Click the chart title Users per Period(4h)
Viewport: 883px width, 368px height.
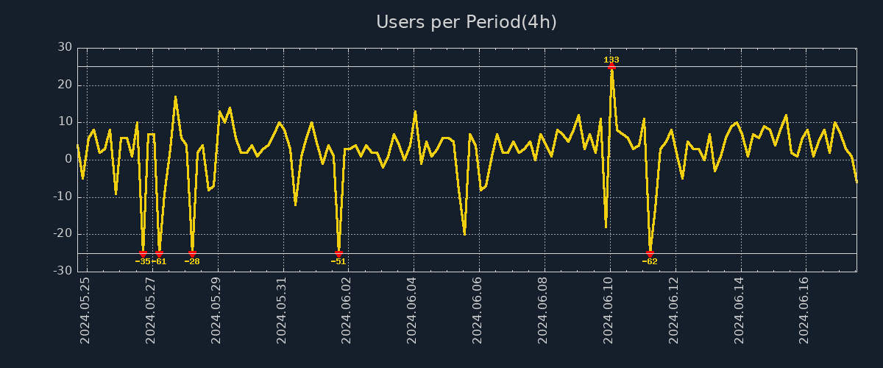click(x=467, y=22)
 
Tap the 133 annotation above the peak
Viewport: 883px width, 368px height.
click(x=611, y=60)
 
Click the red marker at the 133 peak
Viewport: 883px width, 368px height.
click(x=611, y=66)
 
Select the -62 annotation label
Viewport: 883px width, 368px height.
click(x=650, y=261)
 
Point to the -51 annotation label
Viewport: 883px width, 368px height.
click(x=338, y=261)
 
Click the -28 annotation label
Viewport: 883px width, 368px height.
click(x=192, y=261)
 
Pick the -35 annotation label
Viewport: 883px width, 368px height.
click(x=142, y=261)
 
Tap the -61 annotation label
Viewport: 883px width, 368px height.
click(x=159, y=261)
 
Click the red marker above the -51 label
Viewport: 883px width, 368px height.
click(x=338, y=254)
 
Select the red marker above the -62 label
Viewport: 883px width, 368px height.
click(x=650, y=254)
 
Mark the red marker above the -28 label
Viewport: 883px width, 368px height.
click(x=192, y=254)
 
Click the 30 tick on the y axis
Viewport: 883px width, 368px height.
click(x=65, y=47)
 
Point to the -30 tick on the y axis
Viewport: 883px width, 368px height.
click(x=63, y=271)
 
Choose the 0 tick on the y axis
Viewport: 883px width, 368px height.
click(x=68, y=159)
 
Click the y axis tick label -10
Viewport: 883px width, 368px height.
click(x=63, y=197)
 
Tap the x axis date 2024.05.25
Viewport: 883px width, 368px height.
click(x=85, y=311)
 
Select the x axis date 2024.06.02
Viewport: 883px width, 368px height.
click(x=347, y=311)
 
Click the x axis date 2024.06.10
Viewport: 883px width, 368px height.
click(x=609, y=311)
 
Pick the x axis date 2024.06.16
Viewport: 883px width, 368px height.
click(x=804, y=311)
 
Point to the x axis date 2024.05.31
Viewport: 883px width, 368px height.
click(x=281, y=311)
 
